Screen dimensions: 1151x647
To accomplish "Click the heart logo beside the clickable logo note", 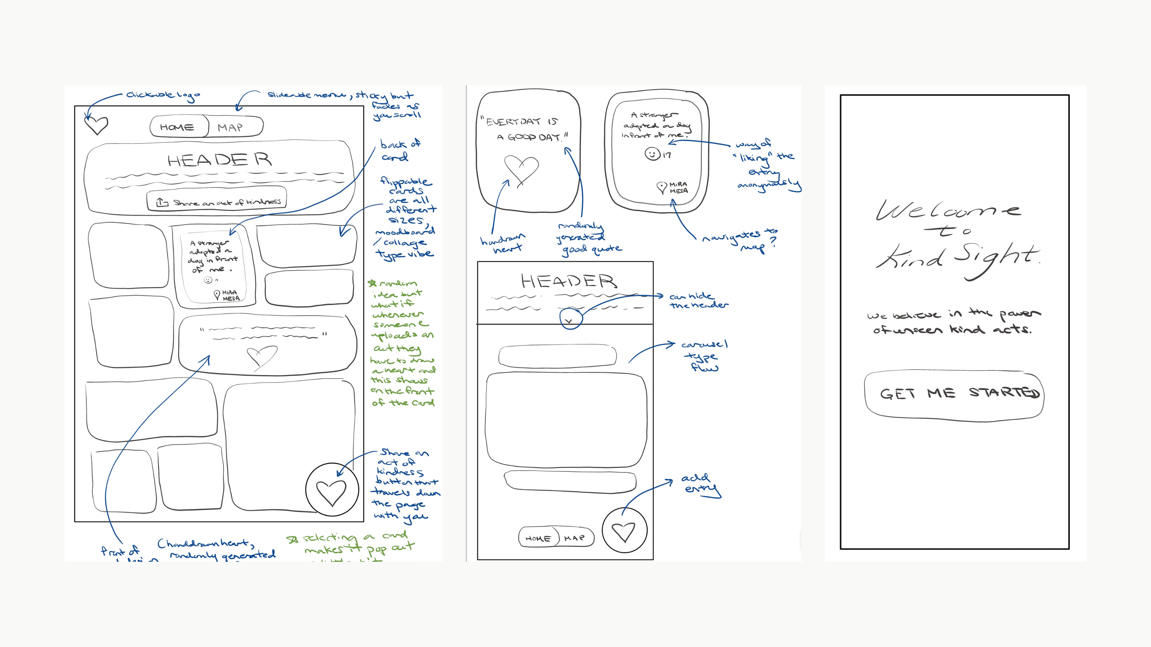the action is click(96, 125).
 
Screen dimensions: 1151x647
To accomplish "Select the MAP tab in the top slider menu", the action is click(231, 127).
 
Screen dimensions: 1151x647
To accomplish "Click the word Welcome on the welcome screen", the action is click(947, 210).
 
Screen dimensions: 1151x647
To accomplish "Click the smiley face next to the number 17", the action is click(652, 154).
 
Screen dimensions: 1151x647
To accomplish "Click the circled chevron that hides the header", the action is click(570, 320).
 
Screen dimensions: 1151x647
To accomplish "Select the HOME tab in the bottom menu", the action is click(538, 538).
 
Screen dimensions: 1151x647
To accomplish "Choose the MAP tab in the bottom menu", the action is click(575, 538).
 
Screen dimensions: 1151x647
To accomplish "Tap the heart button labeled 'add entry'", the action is click(624, 531).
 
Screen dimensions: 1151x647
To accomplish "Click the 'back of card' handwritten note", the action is click(400, 150).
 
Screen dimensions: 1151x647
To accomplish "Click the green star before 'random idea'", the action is click(372, 283).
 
